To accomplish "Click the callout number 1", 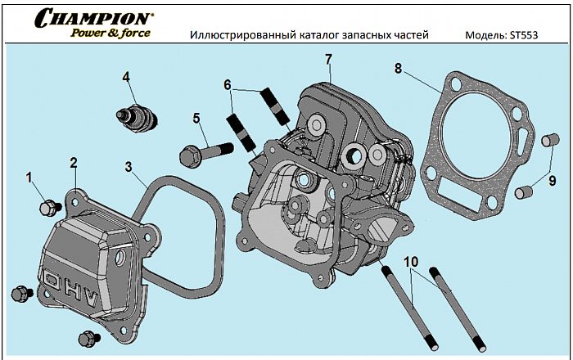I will [x=29, y=177].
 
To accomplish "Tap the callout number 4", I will [x=127, y=78].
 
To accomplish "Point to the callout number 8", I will [x=398, y=69].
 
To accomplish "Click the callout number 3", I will [x=129, y=166].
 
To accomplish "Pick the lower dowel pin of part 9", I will [x=526, y=193].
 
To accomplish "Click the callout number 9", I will [x=552, y=180].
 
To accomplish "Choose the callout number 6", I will [x=228, y=84].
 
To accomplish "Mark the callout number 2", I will [x=73, y=162].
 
